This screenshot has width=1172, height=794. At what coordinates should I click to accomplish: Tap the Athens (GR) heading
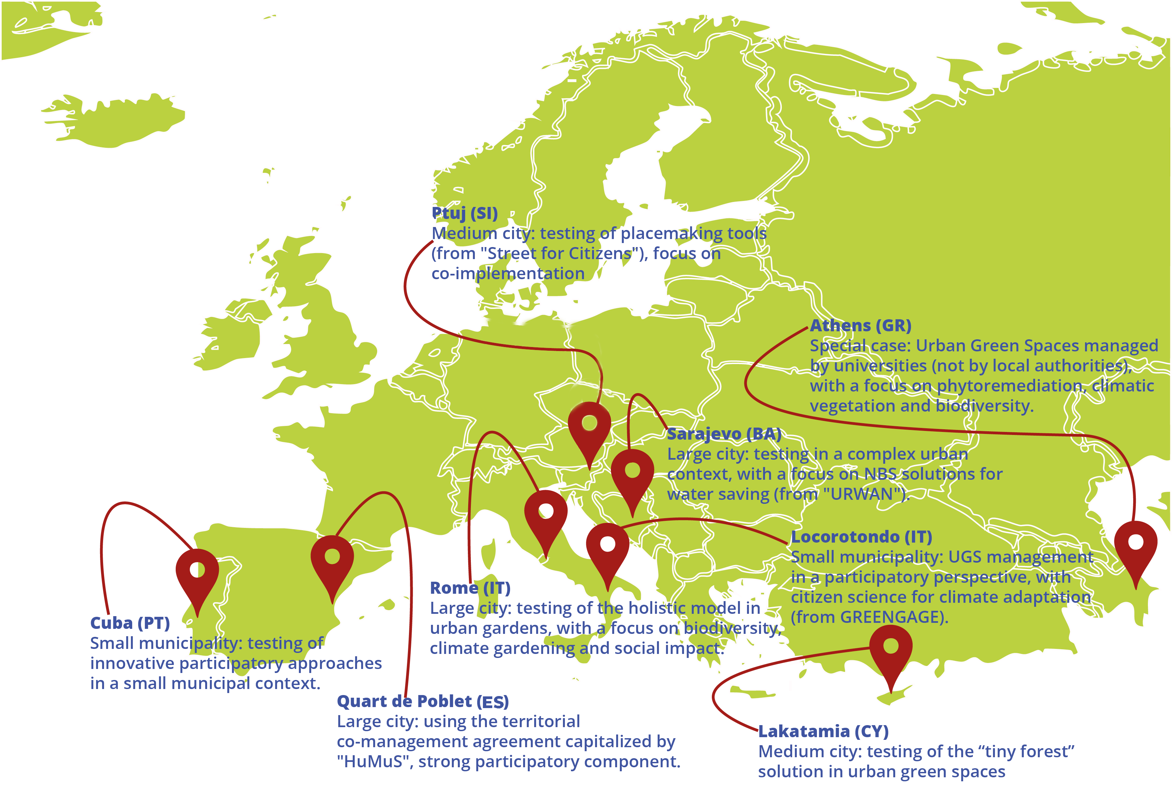pyautogui.click(x=860, y=326)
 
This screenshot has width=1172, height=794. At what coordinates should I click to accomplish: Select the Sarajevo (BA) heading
pyautogui.click(x=724, y=434)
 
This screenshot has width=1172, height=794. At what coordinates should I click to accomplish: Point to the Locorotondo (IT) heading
pyautogui.click(x=861, y=537)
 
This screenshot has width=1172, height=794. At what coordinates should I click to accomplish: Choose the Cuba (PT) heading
pyautogui.click(x=130, y=623)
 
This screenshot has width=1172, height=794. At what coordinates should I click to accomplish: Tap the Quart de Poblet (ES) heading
pyautogui.click(x=423, y=701)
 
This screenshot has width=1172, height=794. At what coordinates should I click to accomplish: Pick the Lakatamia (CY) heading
pyautogui.click(x=823, y=731)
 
